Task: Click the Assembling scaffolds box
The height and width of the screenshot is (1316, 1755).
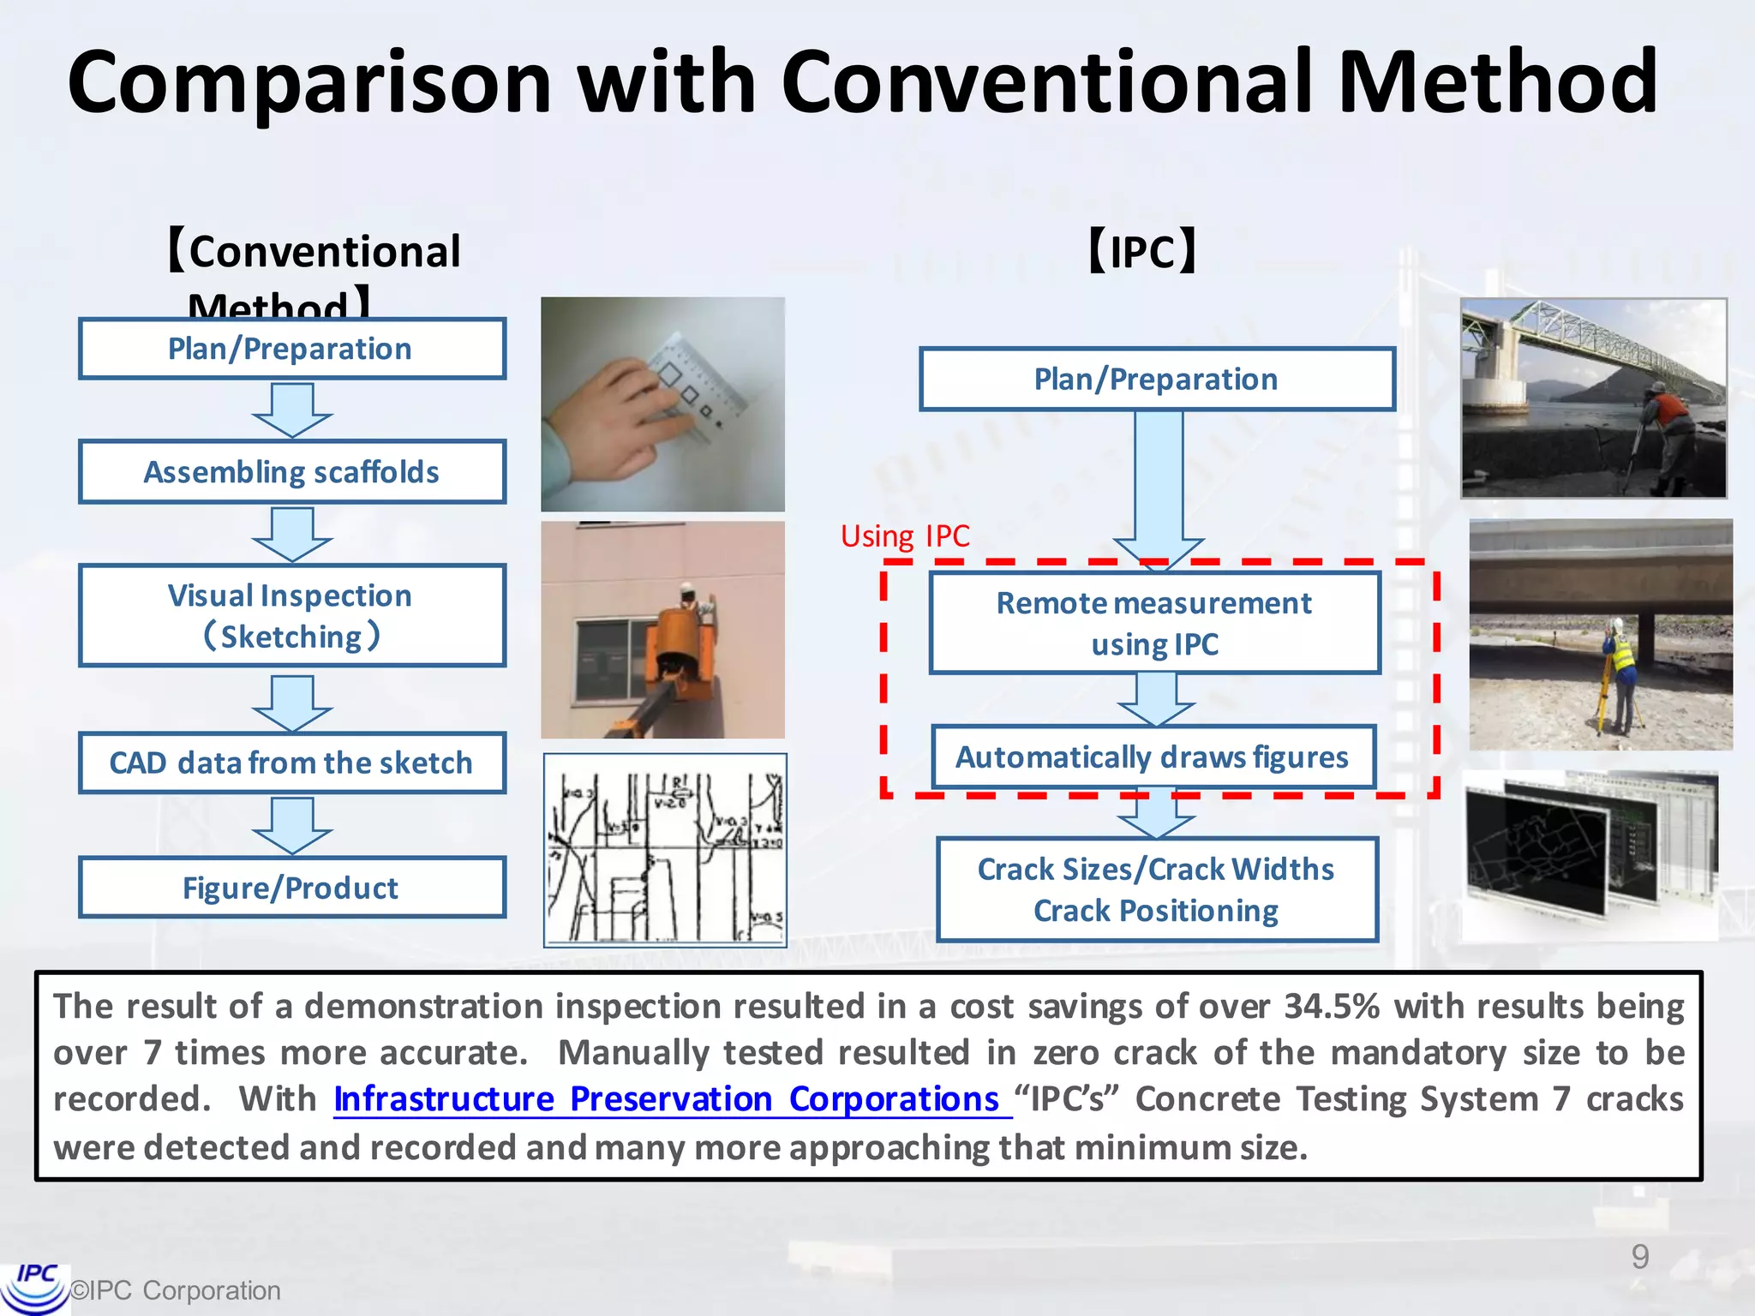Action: coord(291,472)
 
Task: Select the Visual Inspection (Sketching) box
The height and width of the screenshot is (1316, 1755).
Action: coord(291,615)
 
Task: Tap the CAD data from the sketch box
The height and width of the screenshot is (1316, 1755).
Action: coord(291,763)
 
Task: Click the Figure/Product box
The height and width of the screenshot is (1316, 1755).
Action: coord(291,888)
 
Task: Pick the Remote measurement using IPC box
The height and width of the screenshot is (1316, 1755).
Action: coord(1154,623)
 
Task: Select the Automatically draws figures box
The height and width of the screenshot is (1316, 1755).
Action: coord(1153,757)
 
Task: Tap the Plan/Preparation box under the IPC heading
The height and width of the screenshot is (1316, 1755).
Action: coord(1156,379)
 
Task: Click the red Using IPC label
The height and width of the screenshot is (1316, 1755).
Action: coord(905,536)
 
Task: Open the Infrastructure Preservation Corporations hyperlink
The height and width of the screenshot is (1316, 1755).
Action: coord(667,1099)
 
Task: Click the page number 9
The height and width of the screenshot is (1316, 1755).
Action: coord(1639,1257)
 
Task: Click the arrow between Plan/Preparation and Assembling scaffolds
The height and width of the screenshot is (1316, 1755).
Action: coord(291,410)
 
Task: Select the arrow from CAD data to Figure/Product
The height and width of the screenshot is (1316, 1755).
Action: coord(291,825)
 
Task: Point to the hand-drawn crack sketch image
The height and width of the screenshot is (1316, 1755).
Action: coord(665,851)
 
